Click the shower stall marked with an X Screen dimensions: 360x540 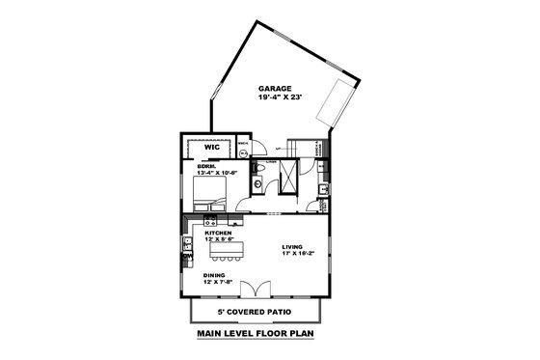287,177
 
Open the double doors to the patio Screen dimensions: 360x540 256,288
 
